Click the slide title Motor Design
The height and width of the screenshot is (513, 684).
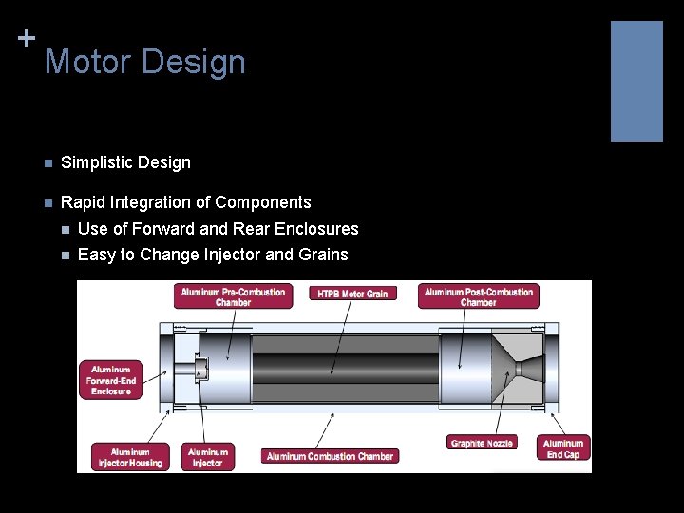(x=144, y=63)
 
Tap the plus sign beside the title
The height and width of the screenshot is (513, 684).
(x=26, y=38)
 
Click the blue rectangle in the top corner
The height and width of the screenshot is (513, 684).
(x=636, y=81)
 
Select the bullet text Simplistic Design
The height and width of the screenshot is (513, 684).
(x=125, y=162)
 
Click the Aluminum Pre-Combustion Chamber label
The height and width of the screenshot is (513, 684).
(x=233, y=296)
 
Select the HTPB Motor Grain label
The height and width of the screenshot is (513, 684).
(x=352, y=294)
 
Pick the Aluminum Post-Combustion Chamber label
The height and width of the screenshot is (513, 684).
(x=478, y=296)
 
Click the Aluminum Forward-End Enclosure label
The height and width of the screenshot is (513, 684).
(x=111, y=379)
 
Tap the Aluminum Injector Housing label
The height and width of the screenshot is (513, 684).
(x=130, y=457)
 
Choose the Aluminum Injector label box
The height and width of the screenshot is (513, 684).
(x=207, y=457)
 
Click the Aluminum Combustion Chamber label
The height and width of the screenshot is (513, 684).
(x=330, y=456)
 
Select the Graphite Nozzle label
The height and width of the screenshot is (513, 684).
(x=482, y=443)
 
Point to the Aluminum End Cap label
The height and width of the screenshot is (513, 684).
(x=562, y=448)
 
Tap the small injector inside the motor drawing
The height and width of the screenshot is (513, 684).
(x=200, y=367)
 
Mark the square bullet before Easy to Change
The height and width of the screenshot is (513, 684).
(x=65, y=256)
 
